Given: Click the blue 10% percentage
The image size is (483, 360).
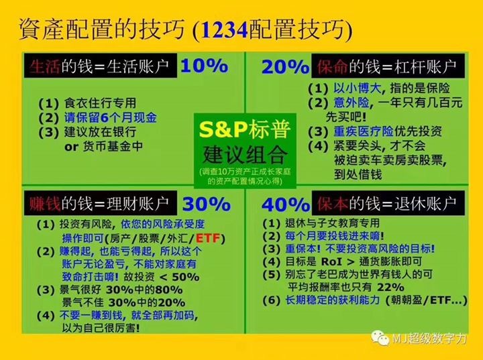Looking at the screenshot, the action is (x=204, y=66).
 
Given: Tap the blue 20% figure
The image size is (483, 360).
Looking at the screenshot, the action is (x=285, y=67).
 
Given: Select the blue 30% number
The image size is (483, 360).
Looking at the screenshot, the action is (x=207, y=204).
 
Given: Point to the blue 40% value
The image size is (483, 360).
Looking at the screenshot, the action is (x=286, y=204).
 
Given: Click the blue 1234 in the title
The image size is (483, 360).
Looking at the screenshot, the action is (x=225, y=30).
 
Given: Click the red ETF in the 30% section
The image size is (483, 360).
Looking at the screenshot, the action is (x=208, y=239).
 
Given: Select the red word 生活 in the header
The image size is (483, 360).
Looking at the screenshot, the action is (x=45, y=66).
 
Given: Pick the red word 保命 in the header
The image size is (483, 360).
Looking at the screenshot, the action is (x=332, y=66).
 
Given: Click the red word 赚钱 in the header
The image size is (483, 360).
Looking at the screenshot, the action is (x=45, y=204).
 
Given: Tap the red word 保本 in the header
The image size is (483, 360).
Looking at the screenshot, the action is (x=333, y=204).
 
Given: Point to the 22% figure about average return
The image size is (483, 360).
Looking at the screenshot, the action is (x=390, y=287).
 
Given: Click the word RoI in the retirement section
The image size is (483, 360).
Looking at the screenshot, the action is (x=331, y=261).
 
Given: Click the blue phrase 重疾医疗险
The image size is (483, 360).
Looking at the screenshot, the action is (x=364, y=131).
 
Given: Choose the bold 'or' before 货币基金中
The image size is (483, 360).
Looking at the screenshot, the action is (x=72, y=147).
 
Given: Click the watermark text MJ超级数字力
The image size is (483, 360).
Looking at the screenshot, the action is (x=429, y=339).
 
